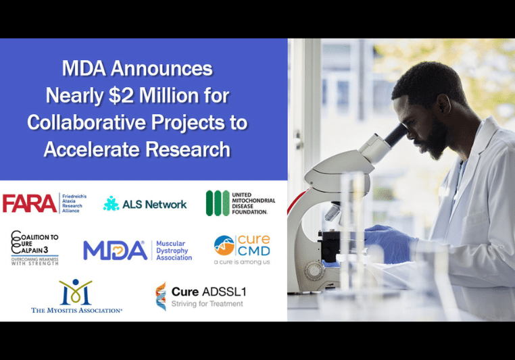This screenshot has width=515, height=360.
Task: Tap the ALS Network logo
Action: [145, 203]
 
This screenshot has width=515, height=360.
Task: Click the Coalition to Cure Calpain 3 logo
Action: [34, 248]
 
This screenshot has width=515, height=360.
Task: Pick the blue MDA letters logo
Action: [115, 250]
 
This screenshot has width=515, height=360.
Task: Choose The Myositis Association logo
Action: [76, 297]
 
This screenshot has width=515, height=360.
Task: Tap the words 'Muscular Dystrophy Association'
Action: [174, 250]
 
